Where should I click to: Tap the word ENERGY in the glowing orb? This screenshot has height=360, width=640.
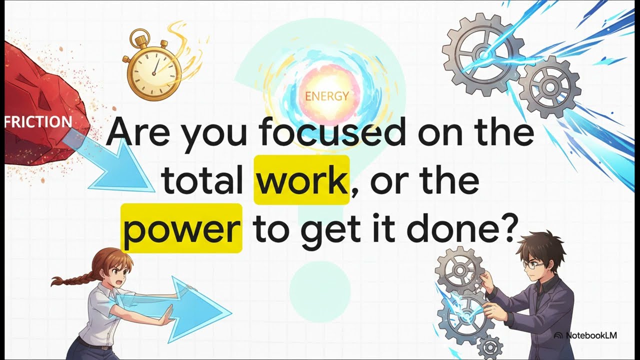click(x=326, y=96)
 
